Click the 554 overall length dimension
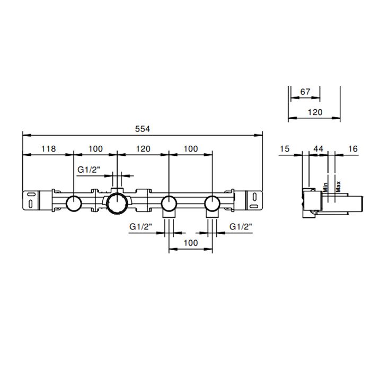pos(143,129)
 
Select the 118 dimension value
pos(49,149)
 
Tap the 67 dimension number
pos(305,92)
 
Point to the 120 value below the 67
pos(315,112)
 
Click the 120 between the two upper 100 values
pos(143,149)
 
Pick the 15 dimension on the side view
pos(285,149)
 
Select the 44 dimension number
pos(318,149)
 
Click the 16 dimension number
pos(353,149)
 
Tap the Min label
pos(325,187)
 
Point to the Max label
pos(338,187)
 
